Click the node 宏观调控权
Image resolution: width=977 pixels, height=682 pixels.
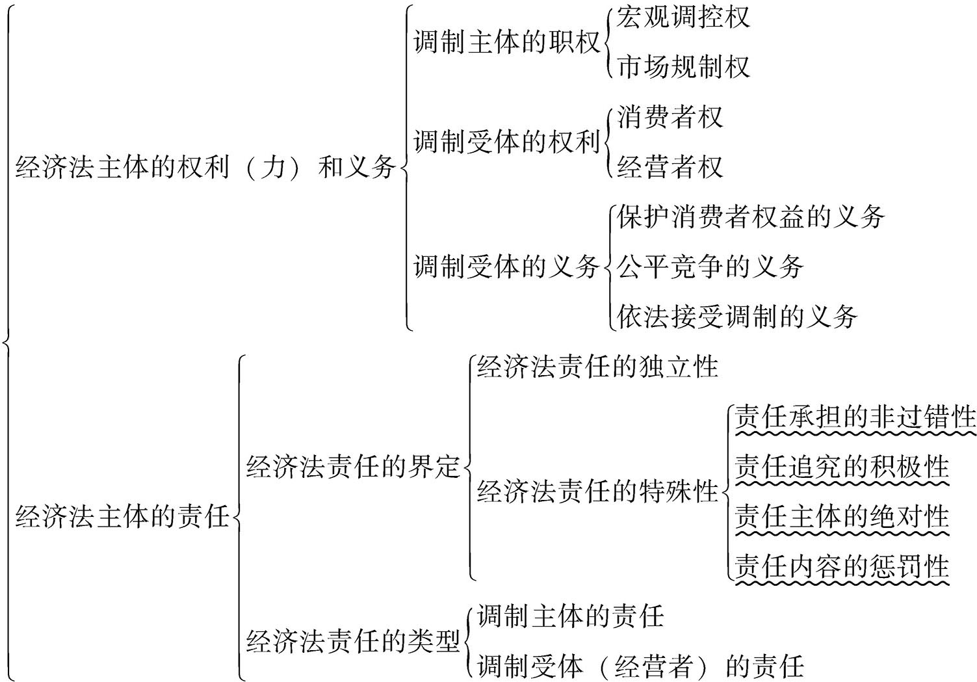(x=683, y=18)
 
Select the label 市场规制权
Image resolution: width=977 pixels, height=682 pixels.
(x=683, y=67)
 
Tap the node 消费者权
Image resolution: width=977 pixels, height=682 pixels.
(x=670, y=118)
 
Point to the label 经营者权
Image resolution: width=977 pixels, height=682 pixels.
(x=670, y=167)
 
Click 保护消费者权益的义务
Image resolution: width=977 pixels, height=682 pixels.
(x=750, y=217)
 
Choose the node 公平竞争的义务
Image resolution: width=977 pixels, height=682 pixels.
(x=710, y=267)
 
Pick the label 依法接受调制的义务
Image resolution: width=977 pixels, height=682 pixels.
(x=736, y=317)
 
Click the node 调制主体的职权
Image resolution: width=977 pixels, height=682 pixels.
(x=506, y=43)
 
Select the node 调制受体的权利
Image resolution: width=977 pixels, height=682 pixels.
(x=506, y=142)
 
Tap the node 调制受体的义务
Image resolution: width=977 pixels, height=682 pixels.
(x=506, y=267)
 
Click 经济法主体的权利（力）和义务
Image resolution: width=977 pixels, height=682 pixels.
(x=205, y=168)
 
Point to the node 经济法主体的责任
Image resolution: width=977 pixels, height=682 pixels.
(x=122, y=518)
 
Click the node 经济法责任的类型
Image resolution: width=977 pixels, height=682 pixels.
(x=353, y=642)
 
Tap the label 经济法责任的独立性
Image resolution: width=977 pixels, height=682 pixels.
(x=597, y=367)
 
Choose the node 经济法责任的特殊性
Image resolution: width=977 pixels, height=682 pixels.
(x=597, y=492)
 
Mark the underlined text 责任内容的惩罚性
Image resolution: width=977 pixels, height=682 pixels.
(x=841, y=567)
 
